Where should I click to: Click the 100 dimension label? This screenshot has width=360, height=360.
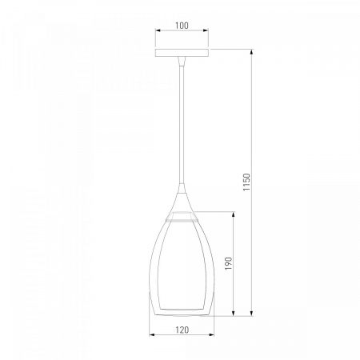pos(182,26)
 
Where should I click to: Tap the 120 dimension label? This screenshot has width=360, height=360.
pos(182,330)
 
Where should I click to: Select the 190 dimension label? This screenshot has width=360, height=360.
pos(229,263)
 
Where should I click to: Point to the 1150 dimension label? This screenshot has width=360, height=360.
pos(246,182)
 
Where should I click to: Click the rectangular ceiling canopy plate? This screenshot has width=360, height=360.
pos(182,53)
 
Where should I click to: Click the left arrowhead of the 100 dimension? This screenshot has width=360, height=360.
pos(158,30)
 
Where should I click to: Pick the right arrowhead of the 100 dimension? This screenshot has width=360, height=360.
pos(206,30)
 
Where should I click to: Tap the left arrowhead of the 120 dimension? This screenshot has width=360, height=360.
pos(152,334)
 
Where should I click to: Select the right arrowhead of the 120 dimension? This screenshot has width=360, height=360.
pos(211,334)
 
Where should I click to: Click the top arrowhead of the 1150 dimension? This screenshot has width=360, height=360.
pos(251,52)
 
